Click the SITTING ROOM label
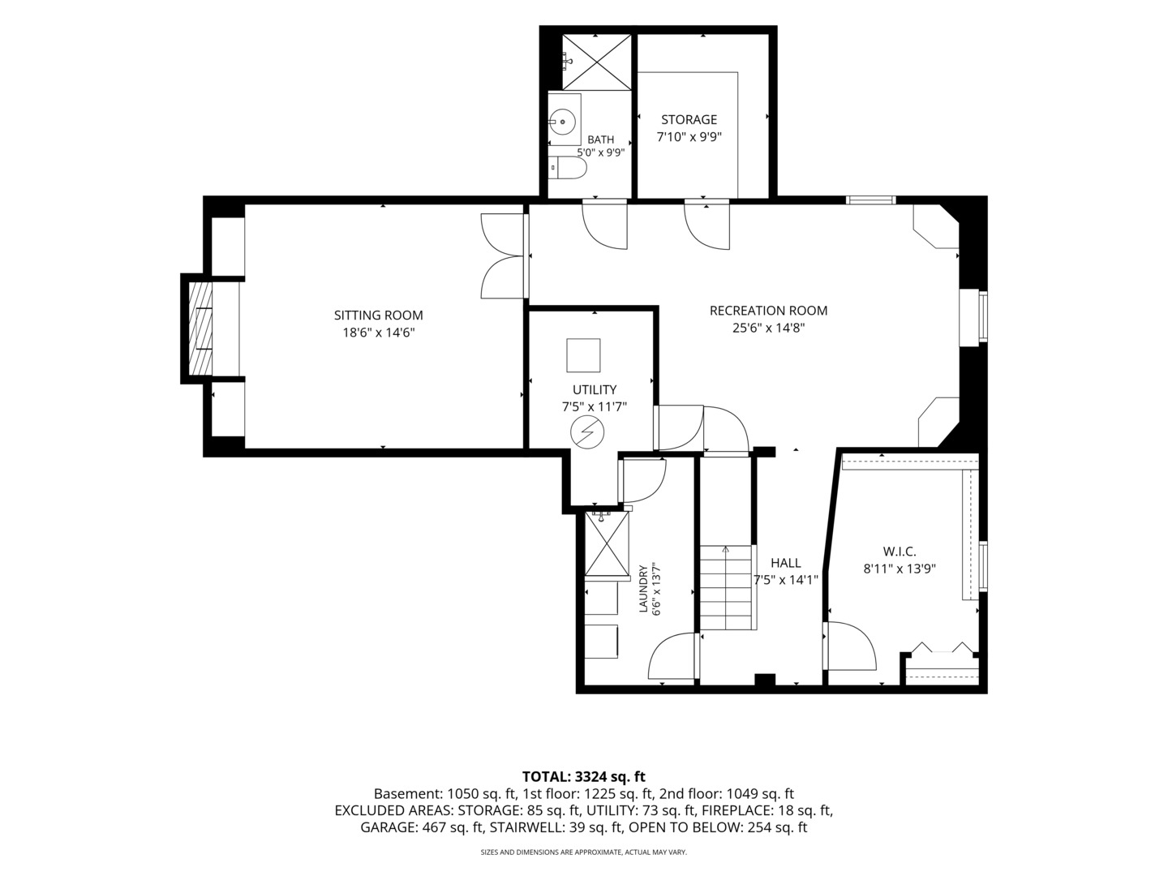click(x=378, y=316)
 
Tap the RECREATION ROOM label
click(x=768, y=311)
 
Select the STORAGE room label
click(x=689, y=120)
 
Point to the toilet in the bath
click(x=567, y=168)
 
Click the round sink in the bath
click(x=562, y=122)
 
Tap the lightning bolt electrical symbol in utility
click(x=587, y=432)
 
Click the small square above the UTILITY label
click(x=583, y=354)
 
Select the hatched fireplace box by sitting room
click(x=200, y=328)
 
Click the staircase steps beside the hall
click(x=725, y=587)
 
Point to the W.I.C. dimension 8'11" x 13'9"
click(x=900, y=569)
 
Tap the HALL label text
click(x=786, y=563)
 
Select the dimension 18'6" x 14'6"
click(x=378, y=333)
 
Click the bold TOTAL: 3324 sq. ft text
click(x=584, y=776)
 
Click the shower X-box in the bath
click(x=597, y=62)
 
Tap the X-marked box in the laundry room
click(x=607, y=543)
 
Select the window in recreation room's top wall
click(x=871, y=200)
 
